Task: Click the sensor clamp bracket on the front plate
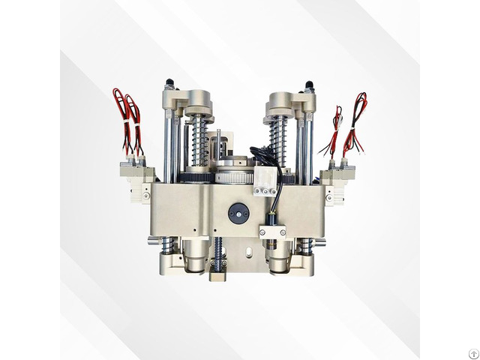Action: click(273, 231)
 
